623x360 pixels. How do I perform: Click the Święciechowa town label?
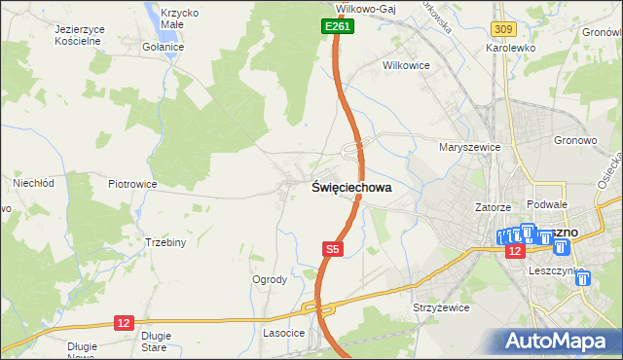[x=351, y=190]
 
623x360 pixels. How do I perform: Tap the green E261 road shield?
[x=338, y=28]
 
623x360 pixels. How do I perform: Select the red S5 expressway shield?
[x=333, y=250]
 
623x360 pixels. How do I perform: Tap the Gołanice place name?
[x=163, y=47]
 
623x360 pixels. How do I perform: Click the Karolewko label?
[x=512, y=47]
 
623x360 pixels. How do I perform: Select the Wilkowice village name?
[x=406, y=65]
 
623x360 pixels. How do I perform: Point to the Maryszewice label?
[x=469, y=147]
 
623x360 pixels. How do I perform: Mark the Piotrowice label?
[x=132, y=183]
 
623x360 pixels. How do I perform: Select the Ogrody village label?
[x=270, y=279]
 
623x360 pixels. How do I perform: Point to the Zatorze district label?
[x=493, y=207]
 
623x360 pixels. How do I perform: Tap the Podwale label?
[x=546, y=204]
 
